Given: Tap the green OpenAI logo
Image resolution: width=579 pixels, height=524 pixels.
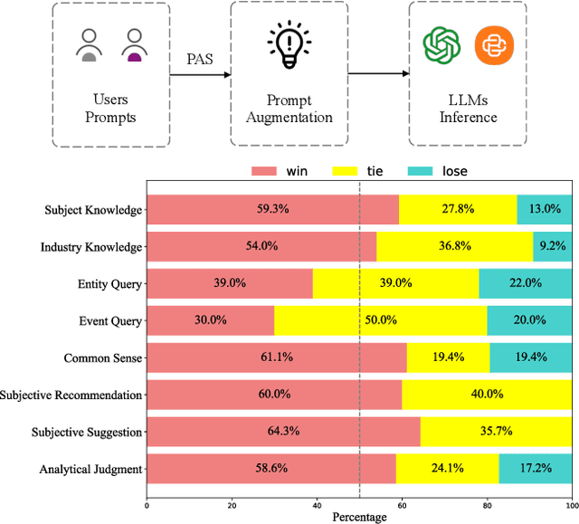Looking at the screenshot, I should [442, 45].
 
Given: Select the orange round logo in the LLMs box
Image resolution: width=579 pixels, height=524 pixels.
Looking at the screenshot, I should [494, 45].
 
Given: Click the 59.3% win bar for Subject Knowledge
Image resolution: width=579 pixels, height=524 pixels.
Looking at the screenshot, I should [272, 209].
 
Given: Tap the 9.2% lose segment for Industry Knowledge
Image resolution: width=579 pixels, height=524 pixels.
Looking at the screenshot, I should [552, 246].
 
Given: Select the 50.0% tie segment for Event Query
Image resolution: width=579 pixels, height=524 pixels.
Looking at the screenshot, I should [381, 320].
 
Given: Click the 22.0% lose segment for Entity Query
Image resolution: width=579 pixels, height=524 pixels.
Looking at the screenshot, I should [525, 283].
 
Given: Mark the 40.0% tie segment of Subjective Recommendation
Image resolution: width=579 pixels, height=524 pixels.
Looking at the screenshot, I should [487, 395].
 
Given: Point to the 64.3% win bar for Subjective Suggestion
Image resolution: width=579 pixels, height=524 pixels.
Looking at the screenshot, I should [283, 432].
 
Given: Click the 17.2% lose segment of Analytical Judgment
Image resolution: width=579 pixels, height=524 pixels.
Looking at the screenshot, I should [535, 469].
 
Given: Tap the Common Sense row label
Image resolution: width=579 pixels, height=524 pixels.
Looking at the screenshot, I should [103, 358].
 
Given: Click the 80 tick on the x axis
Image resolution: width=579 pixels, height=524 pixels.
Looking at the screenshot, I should [487, 504].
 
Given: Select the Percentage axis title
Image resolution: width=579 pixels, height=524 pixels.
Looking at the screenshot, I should [359, 517].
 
